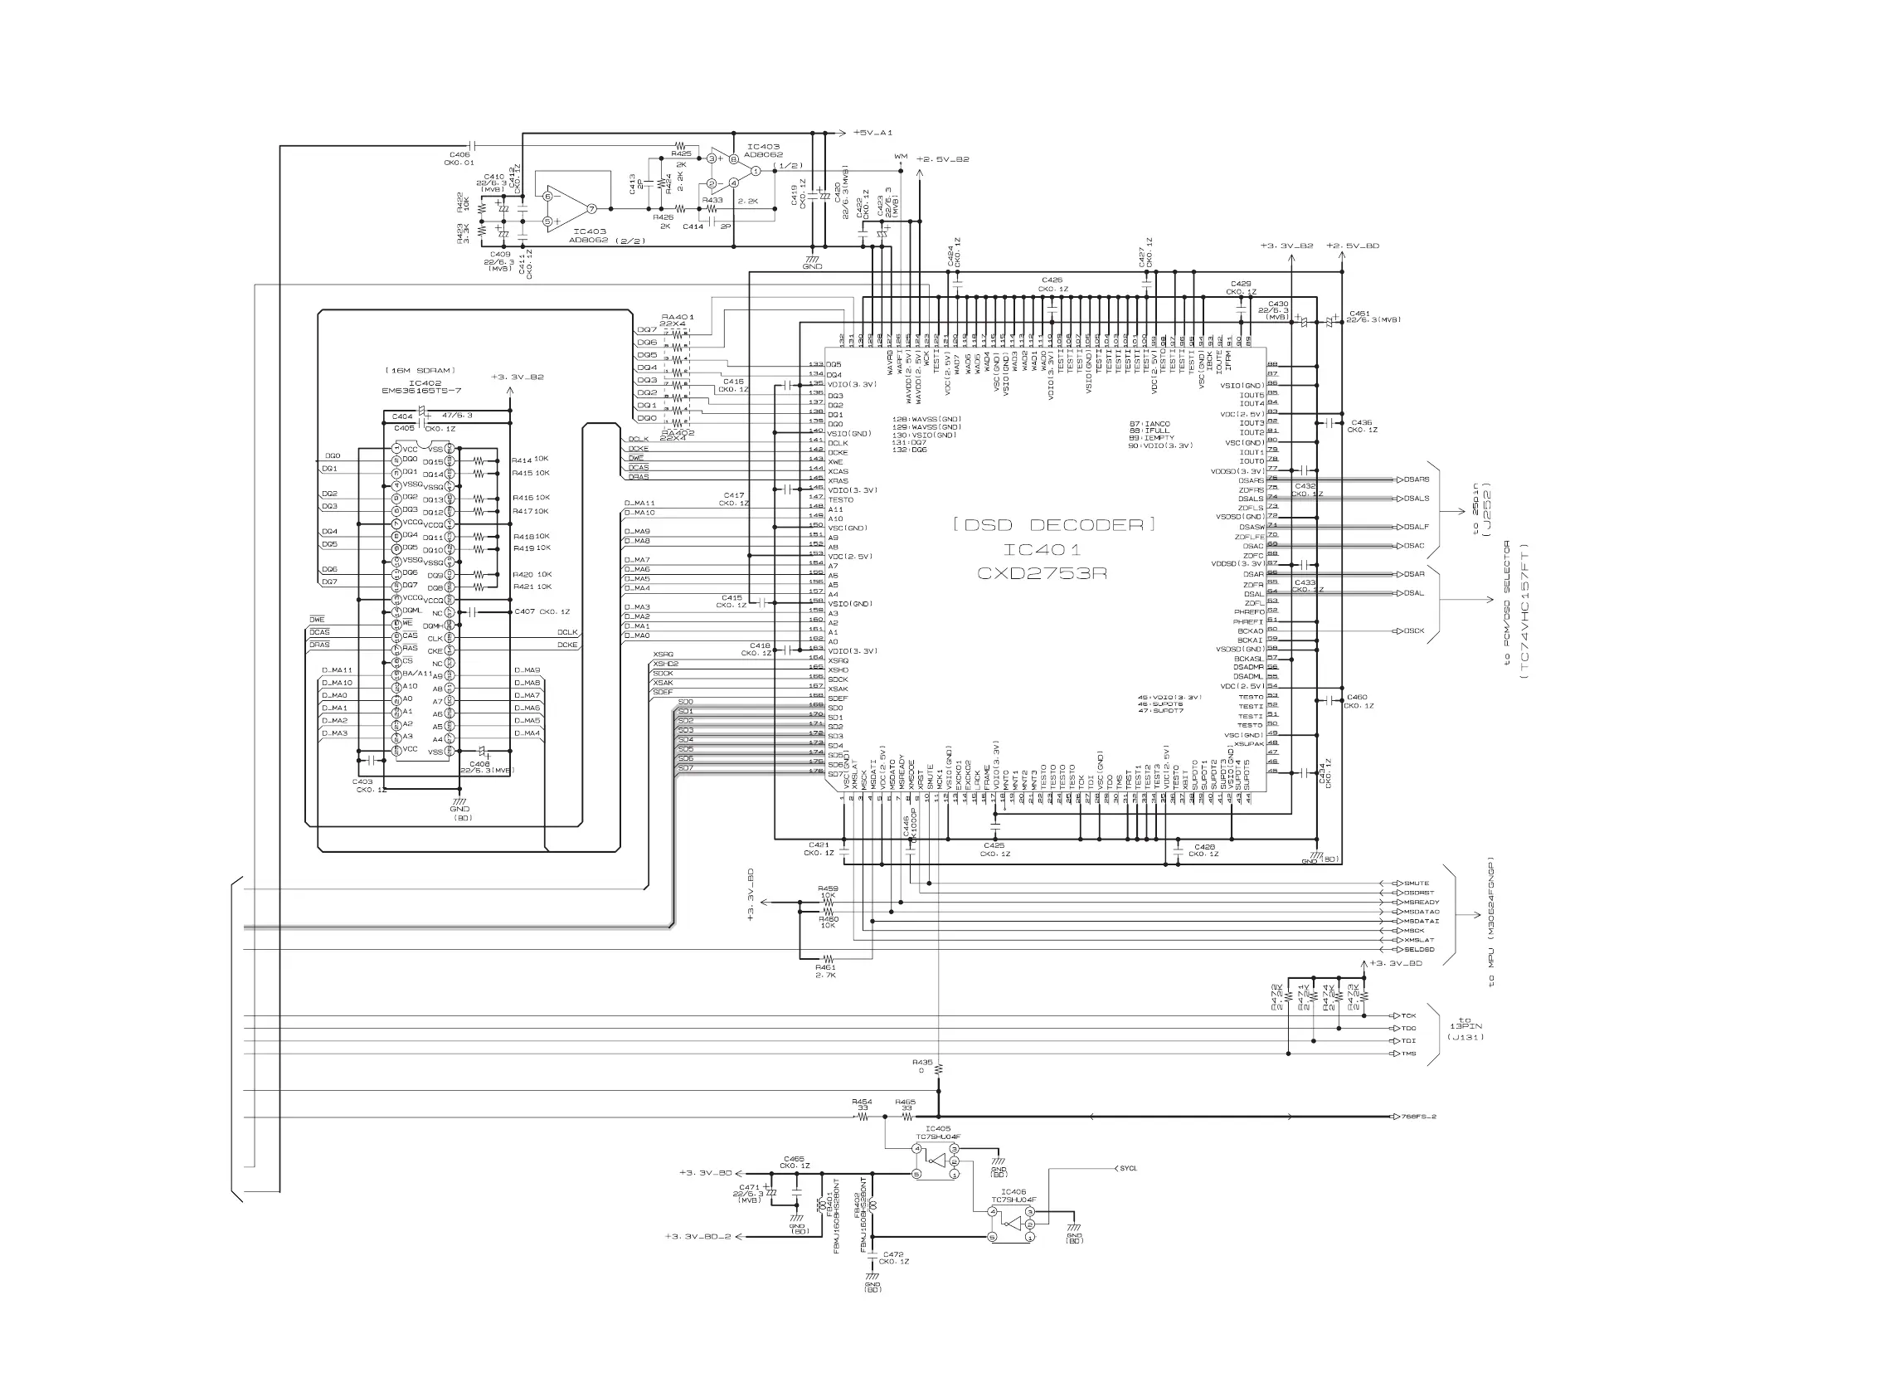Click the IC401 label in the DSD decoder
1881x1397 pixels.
click(x=1042, y=550)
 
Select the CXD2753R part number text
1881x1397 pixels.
click(x=1042, y=573)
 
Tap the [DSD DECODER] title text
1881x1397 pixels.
click(x=1053, y=524)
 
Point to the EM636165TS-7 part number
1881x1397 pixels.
click(x=421, y=391)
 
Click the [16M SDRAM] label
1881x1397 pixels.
click(x=420, y=370)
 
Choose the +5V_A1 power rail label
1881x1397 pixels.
click(x=872, y=133)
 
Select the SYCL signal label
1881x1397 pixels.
click(x=1128, y=1169)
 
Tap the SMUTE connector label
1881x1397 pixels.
click(x=1416, y=883)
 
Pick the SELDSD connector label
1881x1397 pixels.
click(x=1418, y=950)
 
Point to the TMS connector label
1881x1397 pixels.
click(x=1408, y=1054)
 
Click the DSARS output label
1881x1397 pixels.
click(x=1416, y=479)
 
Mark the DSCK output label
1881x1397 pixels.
click(x=1414, y=630)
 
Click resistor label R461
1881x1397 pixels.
click(x=825, y=966)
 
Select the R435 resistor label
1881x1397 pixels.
click(x=922, y=1061)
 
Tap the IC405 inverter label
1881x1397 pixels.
click(x=937, y=1128)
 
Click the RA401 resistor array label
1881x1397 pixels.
click(x=677, y=317)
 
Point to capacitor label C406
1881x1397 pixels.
click(x=459, y=155)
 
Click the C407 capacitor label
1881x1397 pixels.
click(x=524, y=611)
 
